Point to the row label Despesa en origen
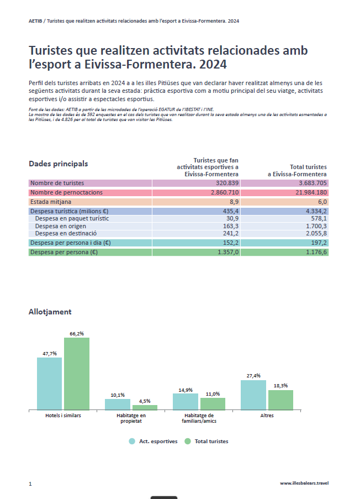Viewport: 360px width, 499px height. pyautogui.click(x=61, y=226)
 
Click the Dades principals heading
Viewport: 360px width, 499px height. pyautogui.click(x=58, y=164)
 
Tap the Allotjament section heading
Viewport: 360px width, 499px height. pyautogui.click(x=50, y=312)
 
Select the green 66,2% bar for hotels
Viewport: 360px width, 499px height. pyautogui.click(x=77, y=374)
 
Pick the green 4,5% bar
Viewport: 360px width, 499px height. pyautogui.click(x=145, y=407)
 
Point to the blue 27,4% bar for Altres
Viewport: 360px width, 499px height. pyautogui.click(x=253, y=395)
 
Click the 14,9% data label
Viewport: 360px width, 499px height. pyautogui.click(x=186, y=390)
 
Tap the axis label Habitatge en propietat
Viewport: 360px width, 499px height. pyautogui.click(x=131, y=418)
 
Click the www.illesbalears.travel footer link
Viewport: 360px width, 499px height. pyautogui.click(x=304, y=483)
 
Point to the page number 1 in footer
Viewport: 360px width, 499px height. pyautogui.click(x=30, y=484)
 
